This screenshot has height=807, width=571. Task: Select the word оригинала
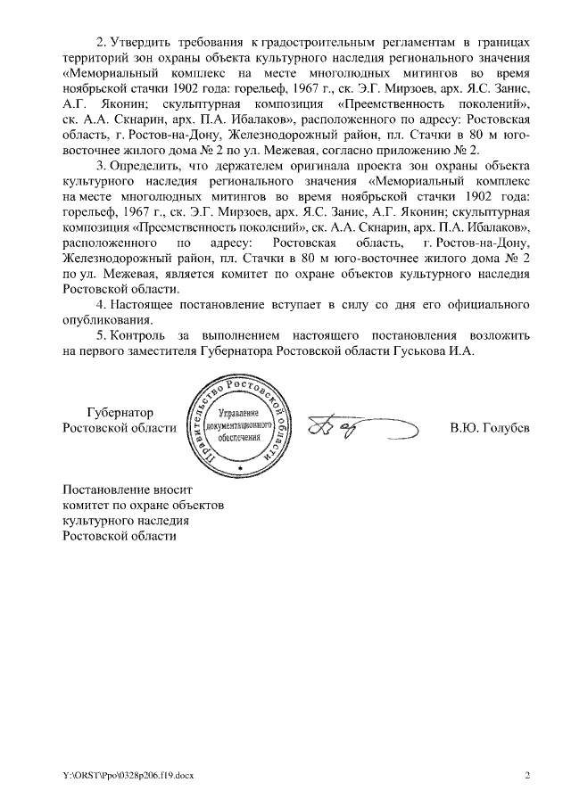coord(329,166)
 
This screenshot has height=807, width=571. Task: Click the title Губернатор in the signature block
coord(120,412)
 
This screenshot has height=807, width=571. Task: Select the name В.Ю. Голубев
coord(490,427)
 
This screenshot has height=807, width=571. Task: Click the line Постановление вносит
coord(127,490)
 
